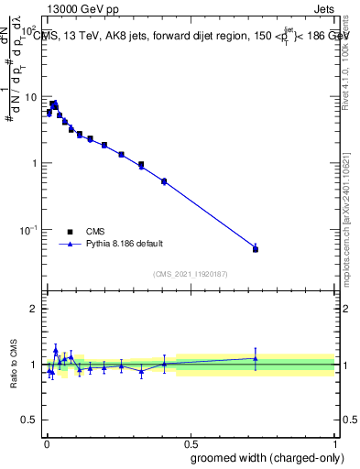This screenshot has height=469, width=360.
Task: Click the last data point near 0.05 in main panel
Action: click(256, 249)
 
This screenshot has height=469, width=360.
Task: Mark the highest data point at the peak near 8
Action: click(54, 104)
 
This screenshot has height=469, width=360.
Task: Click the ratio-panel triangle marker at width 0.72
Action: click(256, 358)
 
